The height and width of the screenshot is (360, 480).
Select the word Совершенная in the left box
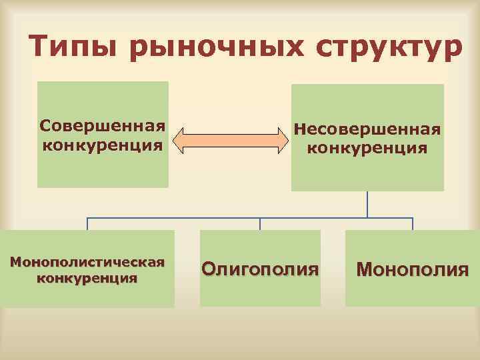pyautogui.click(x=102, y=125)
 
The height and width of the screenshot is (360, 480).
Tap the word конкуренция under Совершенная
pyautogui.click(x=102, y=145)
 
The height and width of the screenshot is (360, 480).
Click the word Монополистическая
pyautogui.click(x=87, y=262)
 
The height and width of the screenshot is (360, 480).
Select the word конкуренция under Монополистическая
pyautogui.click(x=87, y=277)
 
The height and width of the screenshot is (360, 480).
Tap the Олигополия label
pyautogui.click(x=260, y=269)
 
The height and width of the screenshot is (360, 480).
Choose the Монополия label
pyautogui.click(x=413, y=269)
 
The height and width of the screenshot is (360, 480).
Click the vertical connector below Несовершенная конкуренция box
pyautogui.click(x=367, y=203)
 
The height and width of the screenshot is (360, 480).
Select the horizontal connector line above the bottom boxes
pyautogui.click(x=200, y=217)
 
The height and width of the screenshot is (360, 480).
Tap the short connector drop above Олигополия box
pyautogui.click(x=260, y=224)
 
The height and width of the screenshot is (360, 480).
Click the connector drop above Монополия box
pyautogui.click(x=413, y=224)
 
